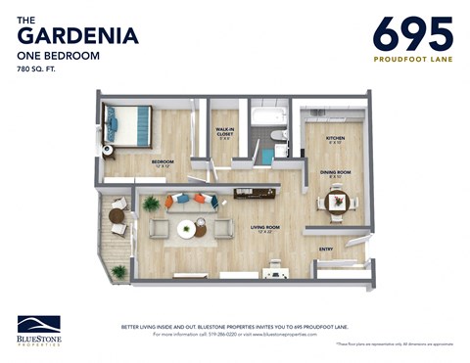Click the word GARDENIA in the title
pos(78,36)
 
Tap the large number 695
pos(413,33)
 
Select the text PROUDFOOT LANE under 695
pos(413,59)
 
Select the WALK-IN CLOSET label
pos(225,133)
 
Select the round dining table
pos(337,203)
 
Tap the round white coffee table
pos(186,229)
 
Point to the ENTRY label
pos(326,249)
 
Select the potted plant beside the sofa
pos(151,204)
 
